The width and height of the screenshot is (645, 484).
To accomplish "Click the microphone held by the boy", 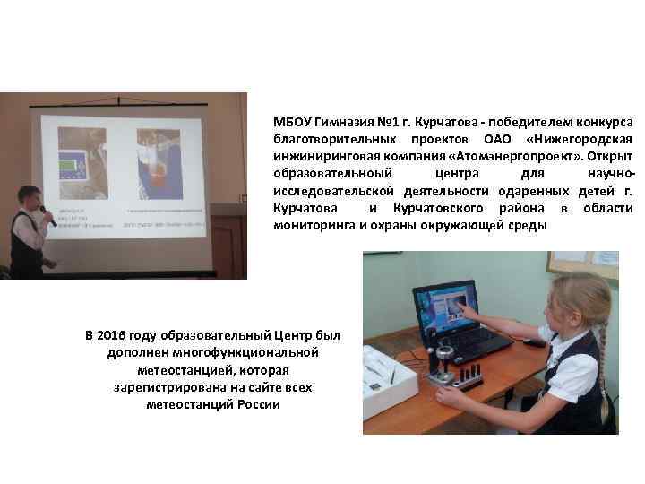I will (46, 213).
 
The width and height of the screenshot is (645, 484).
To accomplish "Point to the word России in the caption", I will (259, 404).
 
